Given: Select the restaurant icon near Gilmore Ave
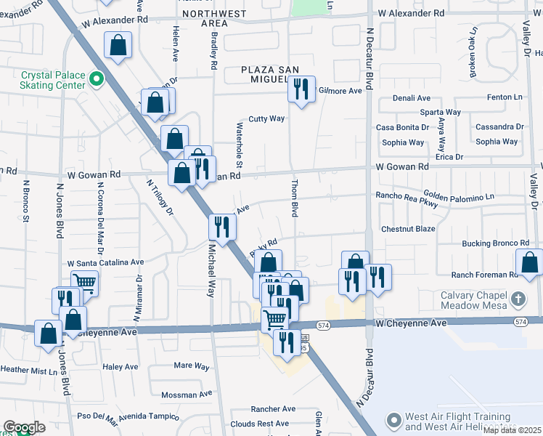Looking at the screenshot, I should pos(301,89).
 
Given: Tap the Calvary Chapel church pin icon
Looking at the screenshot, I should pos(518,299).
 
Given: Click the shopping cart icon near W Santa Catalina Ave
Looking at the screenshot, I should pos(85,282).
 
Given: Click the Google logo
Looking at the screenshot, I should pos(24,428).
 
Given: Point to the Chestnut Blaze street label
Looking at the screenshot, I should pos(408,229).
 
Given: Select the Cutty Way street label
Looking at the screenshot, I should pos(266,118).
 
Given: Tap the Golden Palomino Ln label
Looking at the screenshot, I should pos(459,197).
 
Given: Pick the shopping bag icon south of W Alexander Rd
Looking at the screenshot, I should pos(118,46).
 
